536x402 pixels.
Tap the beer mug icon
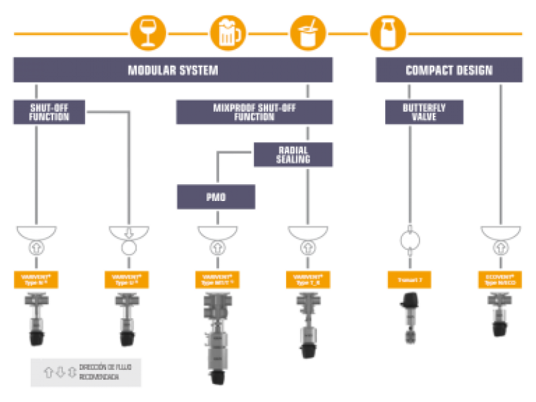[228, 31]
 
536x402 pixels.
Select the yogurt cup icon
[308, 31]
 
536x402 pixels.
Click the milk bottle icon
[388, 31]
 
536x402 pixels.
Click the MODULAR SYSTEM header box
[173, 70]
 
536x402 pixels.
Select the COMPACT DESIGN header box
[449, 70]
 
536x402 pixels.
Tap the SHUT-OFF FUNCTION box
[50, 111]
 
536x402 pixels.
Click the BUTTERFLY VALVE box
[424, 111]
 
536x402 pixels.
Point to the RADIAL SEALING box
[293, 155]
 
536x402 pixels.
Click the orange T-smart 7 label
[409, 279]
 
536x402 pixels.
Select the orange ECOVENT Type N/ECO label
[500, 279]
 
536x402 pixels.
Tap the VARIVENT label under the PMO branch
[216, 279]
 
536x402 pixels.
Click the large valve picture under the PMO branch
[216, 338]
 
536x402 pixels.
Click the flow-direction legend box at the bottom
[86, 373]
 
